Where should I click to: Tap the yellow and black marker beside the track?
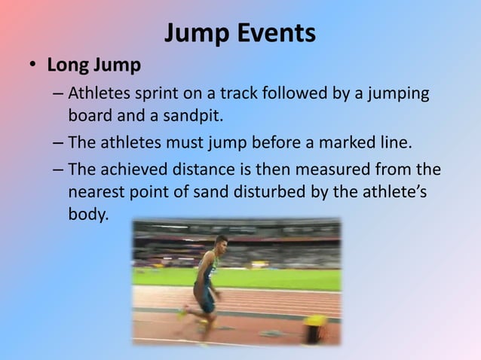314,328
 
